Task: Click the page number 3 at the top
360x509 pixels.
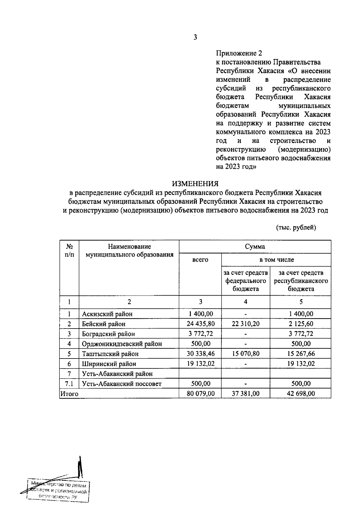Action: click(195, 37)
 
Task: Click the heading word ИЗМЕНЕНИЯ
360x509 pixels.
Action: click(195, 183)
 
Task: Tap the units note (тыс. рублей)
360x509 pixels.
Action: click(296, 228)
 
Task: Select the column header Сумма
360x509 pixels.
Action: click(255, 247)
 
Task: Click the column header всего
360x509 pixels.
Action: click(200, 260)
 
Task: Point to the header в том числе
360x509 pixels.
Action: click(276, 260)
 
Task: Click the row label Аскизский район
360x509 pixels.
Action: click(107, 314)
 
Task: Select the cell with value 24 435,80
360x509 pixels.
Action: click(200, 324)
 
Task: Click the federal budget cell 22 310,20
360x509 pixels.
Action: click(245, 324)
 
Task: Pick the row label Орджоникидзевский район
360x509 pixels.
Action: click(122, 344)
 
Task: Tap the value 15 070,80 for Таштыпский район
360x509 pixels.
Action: click(245, 354)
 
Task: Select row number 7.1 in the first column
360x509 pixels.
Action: click(69, 384)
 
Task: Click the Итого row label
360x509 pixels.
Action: click(70, 394)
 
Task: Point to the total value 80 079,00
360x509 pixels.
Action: click(200, 394)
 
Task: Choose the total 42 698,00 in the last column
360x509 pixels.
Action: click(301, 394)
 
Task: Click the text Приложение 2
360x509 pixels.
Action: click(239, 53)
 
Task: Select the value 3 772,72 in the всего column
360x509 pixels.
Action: click(200, 334)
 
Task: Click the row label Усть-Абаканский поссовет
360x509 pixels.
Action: click(122, 384)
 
